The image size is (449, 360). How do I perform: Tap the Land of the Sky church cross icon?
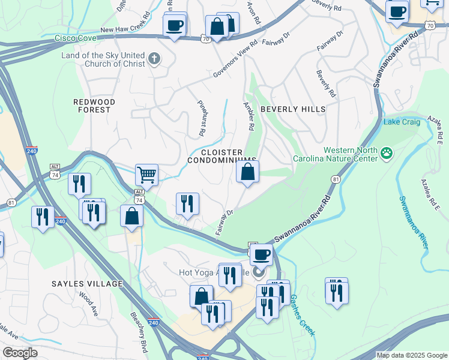click(x=154, y=59)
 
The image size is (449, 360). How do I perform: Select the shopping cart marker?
click(x=146, y=175)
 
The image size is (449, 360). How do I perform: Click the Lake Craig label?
click(x=401, y=123)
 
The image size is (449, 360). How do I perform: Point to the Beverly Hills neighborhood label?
click(x=293, y=109)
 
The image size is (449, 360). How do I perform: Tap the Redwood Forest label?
click(x=94, y=106)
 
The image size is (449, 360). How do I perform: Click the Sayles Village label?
click(x=86, y=283)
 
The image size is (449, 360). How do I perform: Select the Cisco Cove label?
click(x=76, y=38)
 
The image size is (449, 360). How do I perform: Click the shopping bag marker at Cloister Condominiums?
click(x=247, y=172)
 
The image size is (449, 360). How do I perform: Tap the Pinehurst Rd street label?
click(x=202, y=117)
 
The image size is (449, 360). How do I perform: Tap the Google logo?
click(x=20, y=353)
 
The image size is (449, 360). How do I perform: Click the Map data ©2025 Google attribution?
click(x=412, y=355)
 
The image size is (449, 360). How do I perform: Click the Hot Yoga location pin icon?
click(x=259, y=272)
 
